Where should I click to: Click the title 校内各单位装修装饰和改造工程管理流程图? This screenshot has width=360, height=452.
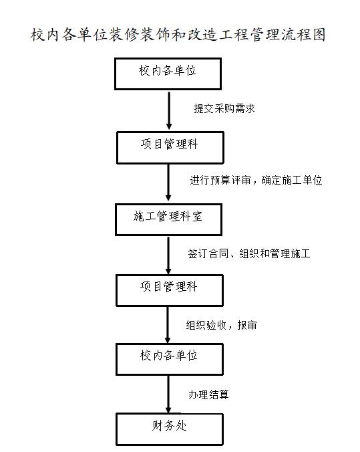pyautogui.click(x=178, y=35)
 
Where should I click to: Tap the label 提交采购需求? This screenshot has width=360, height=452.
pyautogui.click(x=224, y=109)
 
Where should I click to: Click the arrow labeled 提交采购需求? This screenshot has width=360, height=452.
pyautogui.click(x=169, y=110)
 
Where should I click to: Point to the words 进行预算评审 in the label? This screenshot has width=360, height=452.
pyautogui.click(x=220, y=180)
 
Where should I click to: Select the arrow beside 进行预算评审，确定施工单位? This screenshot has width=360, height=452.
pyautogui.click(x=168, y=183)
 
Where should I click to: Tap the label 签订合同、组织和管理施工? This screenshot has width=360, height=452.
pyautogui.click(x=249, y=253)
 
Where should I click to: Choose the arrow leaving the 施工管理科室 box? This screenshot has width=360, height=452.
pyautogui.click(x=168, y=255)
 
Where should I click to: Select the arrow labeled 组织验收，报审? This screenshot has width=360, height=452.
pyautogui.click(x=168, y=325)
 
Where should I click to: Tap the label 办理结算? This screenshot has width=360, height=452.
pyautogui.click(x=208, y=394)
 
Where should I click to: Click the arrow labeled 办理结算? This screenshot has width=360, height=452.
pyautogui.click(x=168, y=394)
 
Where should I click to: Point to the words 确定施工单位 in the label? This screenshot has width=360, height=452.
pyautogui.click(x=292, y=180)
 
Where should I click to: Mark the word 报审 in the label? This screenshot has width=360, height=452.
pyautogui.click(x=247, y=325)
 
